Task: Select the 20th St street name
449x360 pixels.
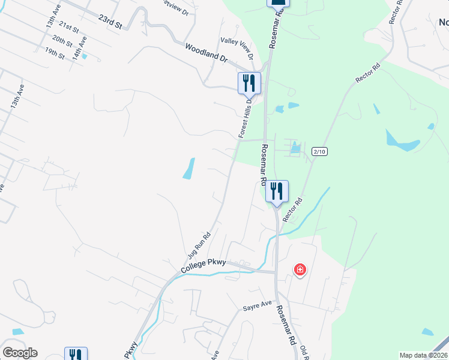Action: tap(62, 41)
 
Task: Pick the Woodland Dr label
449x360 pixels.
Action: tap(206, 53)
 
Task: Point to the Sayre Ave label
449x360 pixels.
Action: tap(258, 306)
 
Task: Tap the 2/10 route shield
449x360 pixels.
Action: tap(320, 152)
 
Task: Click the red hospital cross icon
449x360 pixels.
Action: tap(300, 271)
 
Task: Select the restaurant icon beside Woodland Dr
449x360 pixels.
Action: tap(250, 83)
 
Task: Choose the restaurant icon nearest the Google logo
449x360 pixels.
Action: tap(76, 355)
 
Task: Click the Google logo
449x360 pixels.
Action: tap(20, 353)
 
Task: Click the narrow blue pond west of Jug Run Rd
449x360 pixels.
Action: tap(188, 169)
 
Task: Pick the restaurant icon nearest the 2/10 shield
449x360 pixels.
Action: tap(277, 191)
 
